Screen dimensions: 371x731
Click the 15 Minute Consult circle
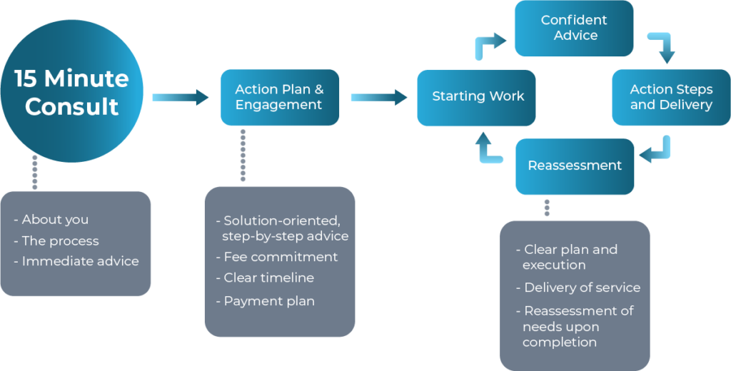click(71, 91)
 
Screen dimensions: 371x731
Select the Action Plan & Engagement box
click(279, 97)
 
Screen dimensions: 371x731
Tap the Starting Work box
click(476, 97)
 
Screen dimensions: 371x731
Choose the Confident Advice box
click(574, 28)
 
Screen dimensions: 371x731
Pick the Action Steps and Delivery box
click(671, 97)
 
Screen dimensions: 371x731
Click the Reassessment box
click(575, 166)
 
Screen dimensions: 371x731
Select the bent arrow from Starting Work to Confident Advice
click(490, 46)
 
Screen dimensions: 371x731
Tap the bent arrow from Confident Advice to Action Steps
click(662, 48)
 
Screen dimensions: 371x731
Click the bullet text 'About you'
click(54, 220)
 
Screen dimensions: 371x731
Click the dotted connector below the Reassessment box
click(547, 207)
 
